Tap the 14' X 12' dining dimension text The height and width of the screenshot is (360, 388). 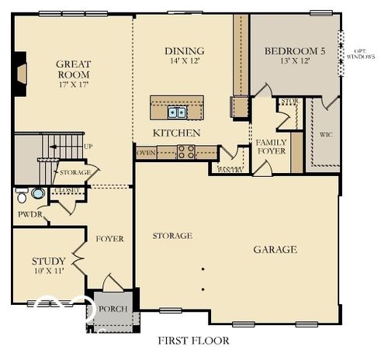pos(184,61)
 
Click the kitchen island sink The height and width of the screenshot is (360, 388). pos(176,112)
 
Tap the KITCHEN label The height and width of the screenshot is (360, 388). pos(176,133)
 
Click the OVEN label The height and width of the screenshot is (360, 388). pos(146,153)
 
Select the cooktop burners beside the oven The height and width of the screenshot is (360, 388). pos(185,152)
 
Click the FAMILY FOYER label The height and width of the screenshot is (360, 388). pos(271,147)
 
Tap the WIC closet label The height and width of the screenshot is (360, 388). pos(326,134)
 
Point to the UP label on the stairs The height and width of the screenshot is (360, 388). pos(88,146)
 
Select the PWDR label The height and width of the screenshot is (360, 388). pos(30,215)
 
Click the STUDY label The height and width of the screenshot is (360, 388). pos(48,261)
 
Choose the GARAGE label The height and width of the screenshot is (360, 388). pos(275,249)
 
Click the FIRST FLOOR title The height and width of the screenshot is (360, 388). pos(193,340)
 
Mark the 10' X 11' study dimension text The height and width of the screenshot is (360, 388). pos(48,272)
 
